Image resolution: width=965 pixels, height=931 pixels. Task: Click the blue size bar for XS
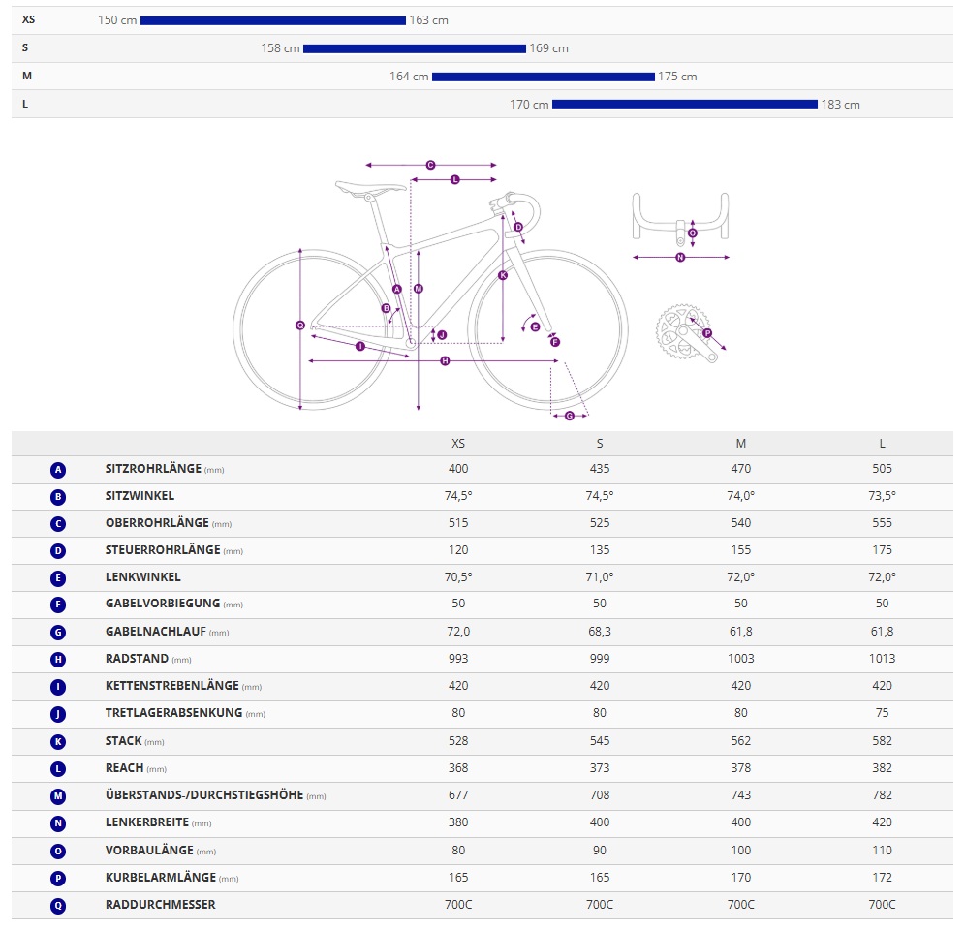coord(272,20)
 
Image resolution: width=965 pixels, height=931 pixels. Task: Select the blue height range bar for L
coord(684,105)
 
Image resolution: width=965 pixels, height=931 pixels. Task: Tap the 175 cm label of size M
coord(677,77)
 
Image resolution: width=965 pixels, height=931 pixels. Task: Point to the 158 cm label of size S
coord(280,48)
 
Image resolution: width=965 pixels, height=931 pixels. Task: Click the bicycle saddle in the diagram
coord(370,187)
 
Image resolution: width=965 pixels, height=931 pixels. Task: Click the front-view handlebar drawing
coord(680,218)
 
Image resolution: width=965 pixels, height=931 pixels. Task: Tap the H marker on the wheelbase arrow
coord(445,361)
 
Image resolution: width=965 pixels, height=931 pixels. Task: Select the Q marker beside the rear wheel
coord(300,326)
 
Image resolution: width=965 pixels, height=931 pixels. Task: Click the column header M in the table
coord(741,444)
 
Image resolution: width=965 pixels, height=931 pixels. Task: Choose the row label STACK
coord(124,740)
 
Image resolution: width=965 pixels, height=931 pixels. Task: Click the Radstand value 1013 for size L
coord(882,659)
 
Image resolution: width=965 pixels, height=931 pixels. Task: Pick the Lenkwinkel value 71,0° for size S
coord(600,576)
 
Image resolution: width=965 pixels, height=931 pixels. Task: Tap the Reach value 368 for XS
coord(458,767)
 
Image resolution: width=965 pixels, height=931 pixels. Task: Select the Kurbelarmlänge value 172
coord(882,878)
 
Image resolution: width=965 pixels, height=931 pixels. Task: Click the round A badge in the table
coord(58,470)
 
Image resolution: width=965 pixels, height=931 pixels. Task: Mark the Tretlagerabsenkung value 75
coord(882,713)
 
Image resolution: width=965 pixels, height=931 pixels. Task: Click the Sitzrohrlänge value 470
coord(741,469)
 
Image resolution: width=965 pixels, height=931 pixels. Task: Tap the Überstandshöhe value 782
coord(882,794)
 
